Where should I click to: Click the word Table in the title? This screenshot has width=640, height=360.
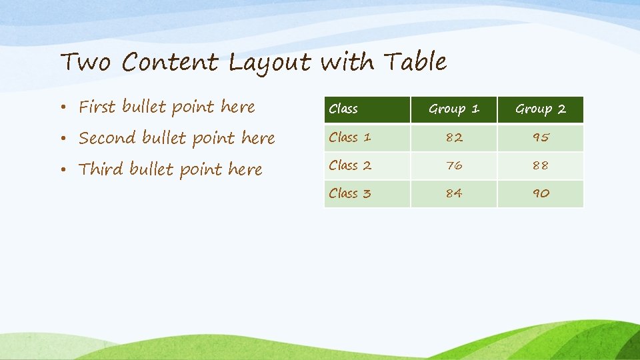tap(415, 62)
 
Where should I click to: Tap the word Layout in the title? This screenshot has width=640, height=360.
tap(269, 63)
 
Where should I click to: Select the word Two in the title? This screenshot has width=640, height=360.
tap(85, 63)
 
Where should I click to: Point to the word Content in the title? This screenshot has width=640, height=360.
tap(170, 63)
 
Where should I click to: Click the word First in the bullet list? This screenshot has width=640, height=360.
tap(97, 107)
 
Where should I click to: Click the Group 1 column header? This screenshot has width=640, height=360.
tap(454, 109)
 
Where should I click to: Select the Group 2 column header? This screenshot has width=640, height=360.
tap(541, 109)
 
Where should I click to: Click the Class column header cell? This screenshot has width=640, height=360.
tap(343, 109)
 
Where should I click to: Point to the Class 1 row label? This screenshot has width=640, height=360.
tap(350, 137)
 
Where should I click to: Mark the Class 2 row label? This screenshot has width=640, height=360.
tap(350, 165)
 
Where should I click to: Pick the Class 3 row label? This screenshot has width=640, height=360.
tap(350, 193)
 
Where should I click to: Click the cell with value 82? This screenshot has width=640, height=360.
tap(454, 137)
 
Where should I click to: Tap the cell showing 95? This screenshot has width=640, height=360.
tap(541, 137)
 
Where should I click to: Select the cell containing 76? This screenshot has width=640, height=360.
tap(454, 165)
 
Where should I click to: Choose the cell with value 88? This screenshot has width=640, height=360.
tap(541, 165)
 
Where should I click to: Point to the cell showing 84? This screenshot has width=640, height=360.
tap(454, 193)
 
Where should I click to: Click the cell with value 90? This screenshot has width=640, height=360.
tap(541, 193)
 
